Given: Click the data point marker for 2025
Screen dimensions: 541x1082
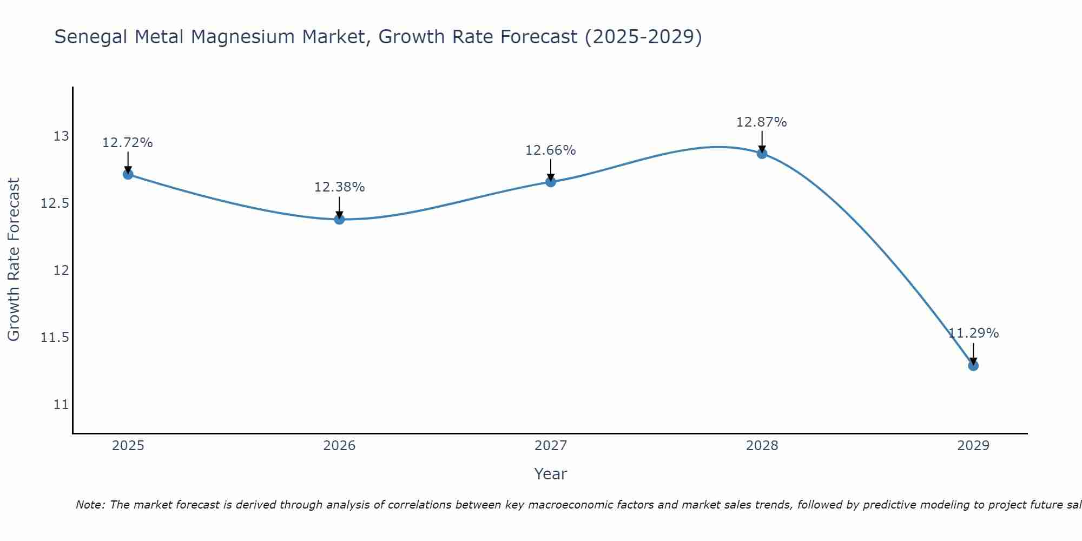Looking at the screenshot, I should tap(128, 174).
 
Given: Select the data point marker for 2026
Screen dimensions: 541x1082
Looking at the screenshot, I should tap(339, 219).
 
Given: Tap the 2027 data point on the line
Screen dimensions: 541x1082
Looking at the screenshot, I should tap(551, 182).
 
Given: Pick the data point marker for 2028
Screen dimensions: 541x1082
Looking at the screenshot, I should tap(762, 154).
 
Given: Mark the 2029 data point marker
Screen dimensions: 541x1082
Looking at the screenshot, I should tap(973, 366).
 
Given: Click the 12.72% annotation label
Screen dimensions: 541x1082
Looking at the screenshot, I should tap(128, 143).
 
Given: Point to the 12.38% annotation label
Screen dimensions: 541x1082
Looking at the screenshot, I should tap(339, 187).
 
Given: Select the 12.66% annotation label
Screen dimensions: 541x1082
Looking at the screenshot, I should tap(551, 150).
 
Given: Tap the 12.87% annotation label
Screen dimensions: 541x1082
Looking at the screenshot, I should tap(762, 122).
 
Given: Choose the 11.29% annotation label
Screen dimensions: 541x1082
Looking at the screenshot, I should tap(973, 333).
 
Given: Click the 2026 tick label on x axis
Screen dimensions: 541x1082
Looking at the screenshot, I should tap(339, 446).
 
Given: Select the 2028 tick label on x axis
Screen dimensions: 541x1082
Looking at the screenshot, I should tap(762, 446).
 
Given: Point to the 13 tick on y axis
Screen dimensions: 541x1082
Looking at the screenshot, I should tap(61, 136).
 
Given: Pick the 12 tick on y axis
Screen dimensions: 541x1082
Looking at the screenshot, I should tap(61, 270).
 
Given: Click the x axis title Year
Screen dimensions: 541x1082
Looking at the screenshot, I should tap(550, 474).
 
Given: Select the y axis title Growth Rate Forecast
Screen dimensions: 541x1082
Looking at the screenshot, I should tap(14, 260).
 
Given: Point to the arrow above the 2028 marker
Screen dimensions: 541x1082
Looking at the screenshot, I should tap(762, 142).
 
